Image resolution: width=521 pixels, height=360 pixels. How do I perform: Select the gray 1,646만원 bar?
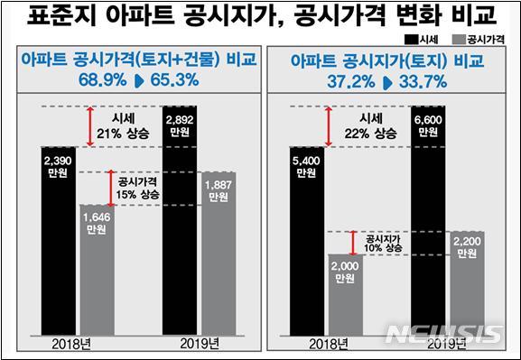tap(97, 271)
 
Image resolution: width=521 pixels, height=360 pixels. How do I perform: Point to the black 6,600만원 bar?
tap(427, 221)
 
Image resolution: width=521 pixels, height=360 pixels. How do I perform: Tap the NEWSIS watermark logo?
tap(442, 333)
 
